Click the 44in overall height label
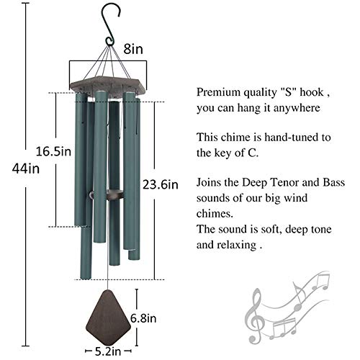click(x=26, y=168)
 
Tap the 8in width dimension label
click(x=133, y=49)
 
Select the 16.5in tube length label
click(x=53, y=152)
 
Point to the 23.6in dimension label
click(x=161, y=185)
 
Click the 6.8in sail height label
click(x=143, y=318)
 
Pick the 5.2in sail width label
click(x=108, y=351)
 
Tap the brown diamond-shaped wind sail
click(x=109, y=317)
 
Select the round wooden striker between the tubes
click(x=106, y=194)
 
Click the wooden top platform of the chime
click(x=109, y=86)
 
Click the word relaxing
click(x=236, y=245)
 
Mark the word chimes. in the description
click(x=215, y=213)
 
